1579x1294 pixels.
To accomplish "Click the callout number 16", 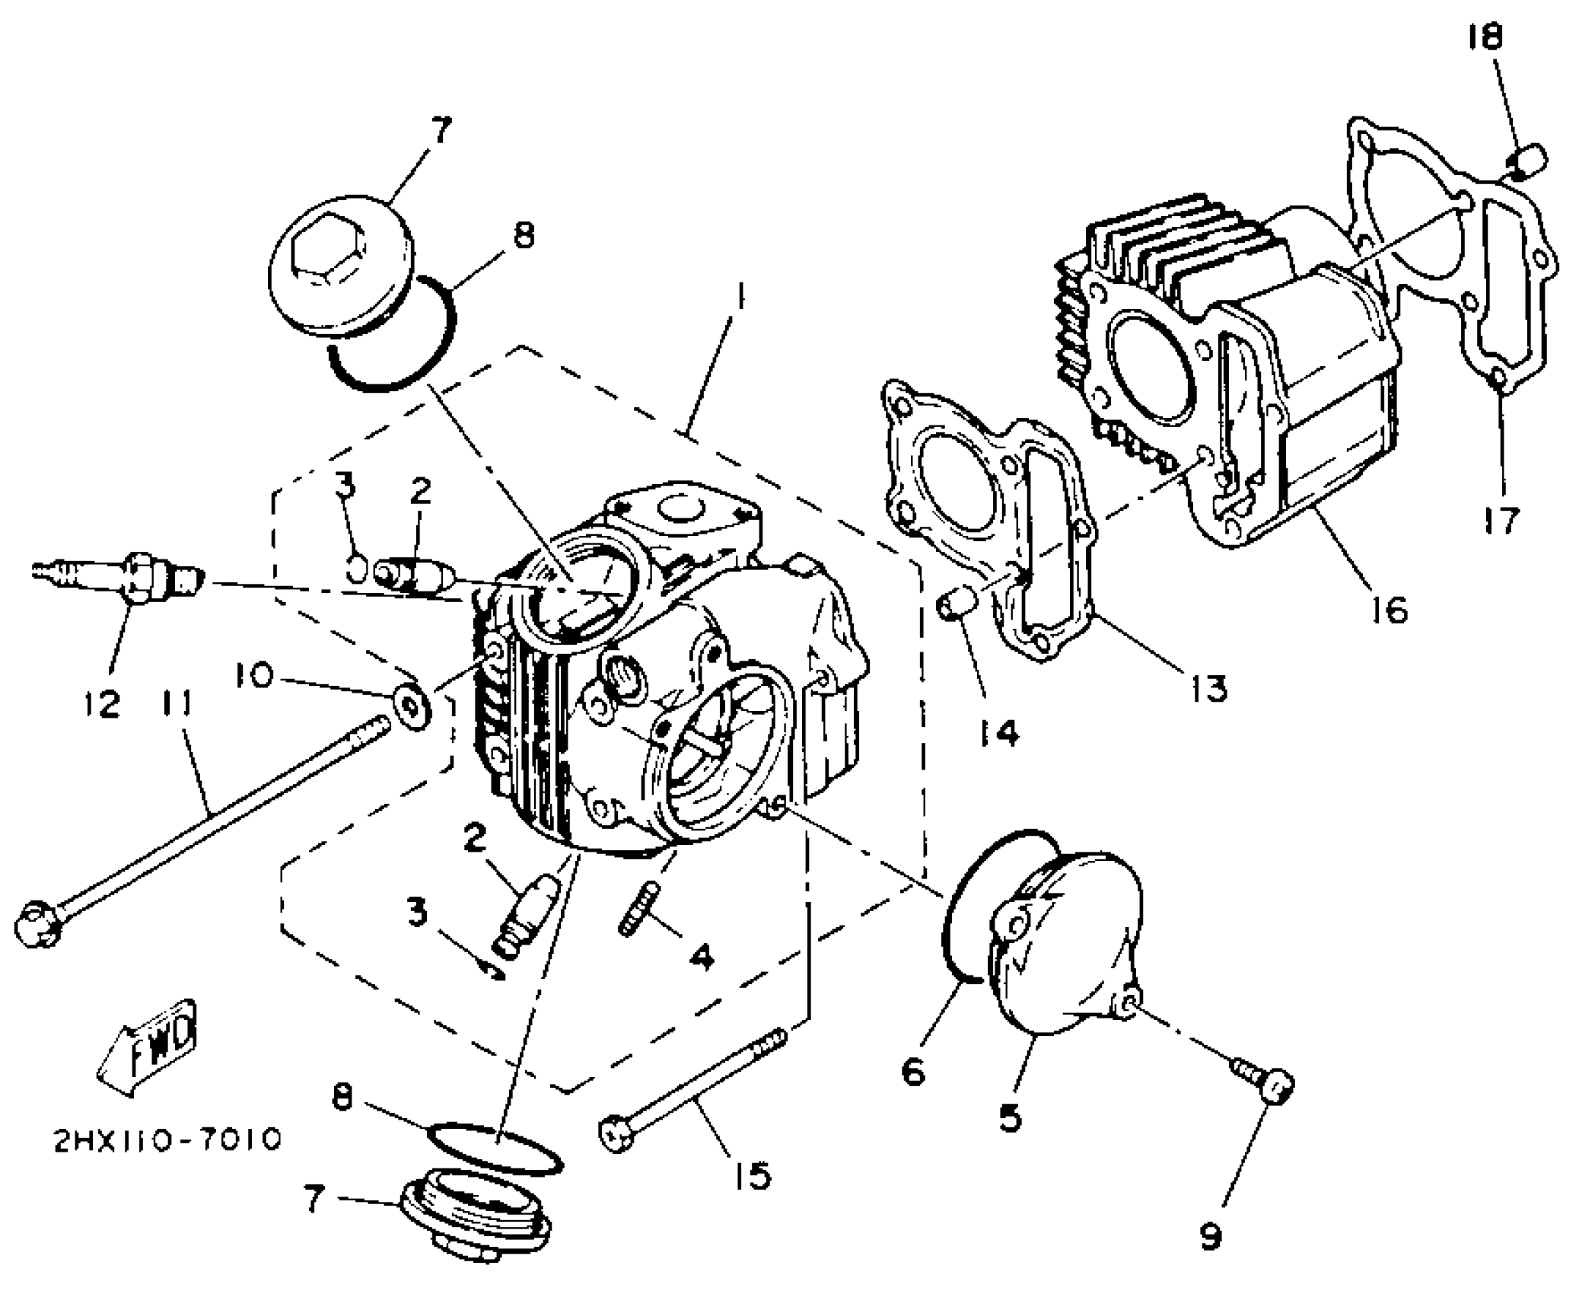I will (1390, 608).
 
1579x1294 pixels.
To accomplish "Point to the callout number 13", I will (1208, 687).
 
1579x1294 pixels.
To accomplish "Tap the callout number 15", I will (751, 1176).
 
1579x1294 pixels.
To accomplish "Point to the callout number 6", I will (913, 1072).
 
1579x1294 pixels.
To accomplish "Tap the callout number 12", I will (103, 704).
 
